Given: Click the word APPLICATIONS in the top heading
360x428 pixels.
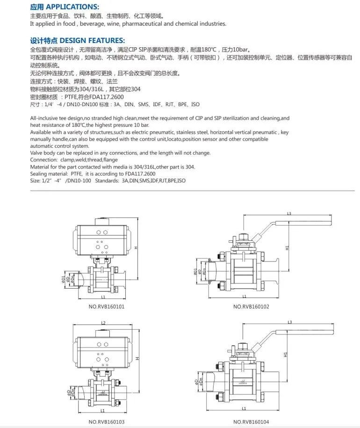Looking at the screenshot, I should point(72,7).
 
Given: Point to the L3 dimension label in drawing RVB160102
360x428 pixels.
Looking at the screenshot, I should point(289,214).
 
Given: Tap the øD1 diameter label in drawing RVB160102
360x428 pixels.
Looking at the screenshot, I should point(195,271).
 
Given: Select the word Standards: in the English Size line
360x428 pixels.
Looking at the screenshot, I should point(96,181).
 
